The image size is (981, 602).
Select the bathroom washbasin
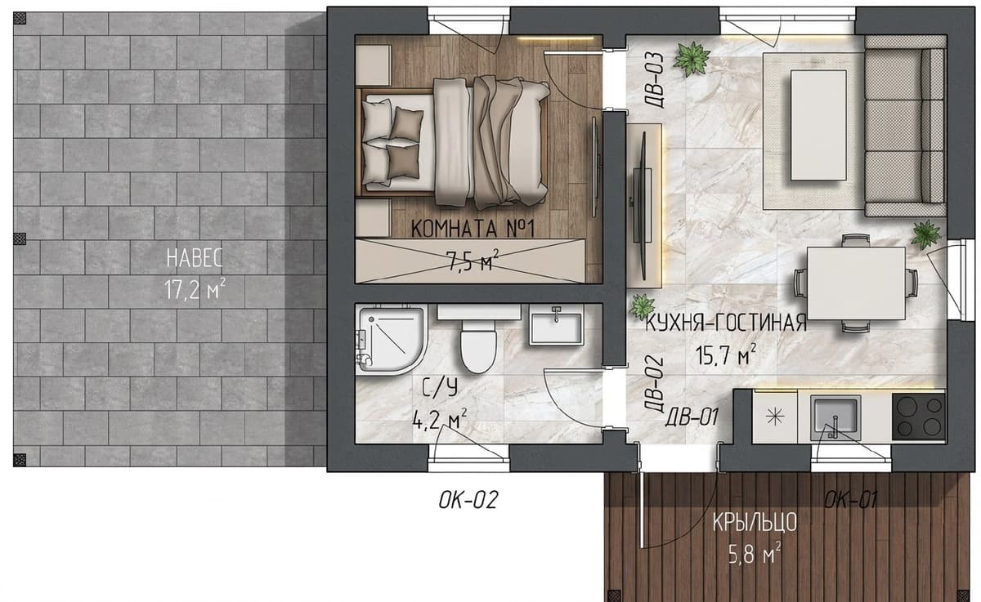[x=556, y=324]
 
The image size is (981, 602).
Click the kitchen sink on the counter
[x=835, y=417]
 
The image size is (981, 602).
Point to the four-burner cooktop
[x=919, y=417]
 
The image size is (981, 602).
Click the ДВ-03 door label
[x=655, y=81]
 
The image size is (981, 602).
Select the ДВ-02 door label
[x=654, y=384]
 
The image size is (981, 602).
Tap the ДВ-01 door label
[x=692, y=417]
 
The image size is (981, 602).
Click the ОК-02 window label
[x=468, y=500]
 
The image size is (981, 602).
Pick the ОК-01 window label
[x=850, y=500]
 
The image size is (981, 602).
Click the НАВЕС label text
[x=195, y=258]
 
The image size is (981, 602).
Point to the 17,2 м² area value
[x=195, y=289]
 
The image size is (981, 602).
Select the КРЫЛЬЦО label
[x=755, y=523]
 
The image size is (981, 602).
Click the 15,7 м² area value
[x=726, y=355]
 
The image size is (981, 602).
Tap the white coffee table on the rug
[x=818, y=125]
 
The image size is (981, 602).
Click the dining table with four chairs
[x=856, y=283]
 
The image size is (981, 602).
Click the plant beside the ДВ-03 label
[x=691, y=59]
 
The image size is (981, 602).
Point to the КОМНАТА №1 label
[x=473, y=229]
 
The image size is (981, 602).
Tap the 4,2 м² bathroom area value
[x=439, y=420]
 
